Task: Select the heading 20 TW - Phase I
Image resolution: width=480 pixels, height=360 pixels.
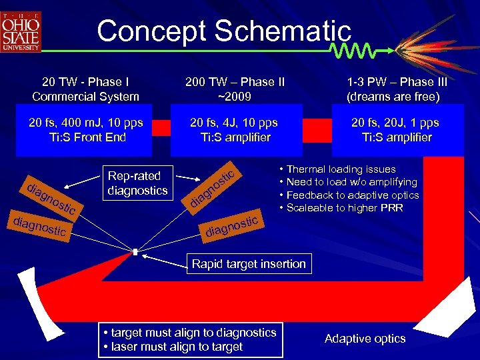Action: (x=85, y=82)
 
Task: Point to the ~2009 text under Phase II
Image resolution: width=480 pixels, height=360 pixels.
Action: (x=235, y=97)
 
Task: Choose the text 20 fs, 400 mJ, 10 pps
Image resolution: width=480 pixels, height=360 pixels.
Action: (x=85, y=123)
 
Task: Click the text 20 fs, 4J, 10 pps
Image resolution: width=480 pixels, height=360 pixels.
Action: (x=234, y=123)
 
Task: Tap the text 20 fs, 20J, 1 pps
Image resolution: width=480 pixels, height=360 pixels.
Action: (x=396, y=123)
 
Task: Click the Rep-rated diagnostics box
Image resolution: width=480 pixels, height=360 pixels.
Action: (x=137, y=183)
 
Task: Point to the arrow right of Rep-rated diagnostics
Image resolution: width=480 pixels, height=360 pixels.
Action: (x=191, y=178)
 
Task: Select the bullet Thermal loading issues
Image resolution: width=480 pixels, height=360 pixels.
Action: (x=342, y=169)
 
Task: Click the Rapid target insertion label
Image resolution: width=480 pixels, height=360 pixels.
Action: (x=248, y=264)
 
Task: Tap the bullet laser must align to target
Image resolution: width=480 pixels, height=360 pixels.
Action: (x=173, y=347)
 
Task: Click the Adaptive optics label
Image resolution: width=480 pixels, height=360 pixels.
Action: (x=365, y=339)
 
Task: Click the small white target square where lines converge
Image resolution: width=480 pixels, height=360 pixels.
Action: (x=135, y=252)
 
